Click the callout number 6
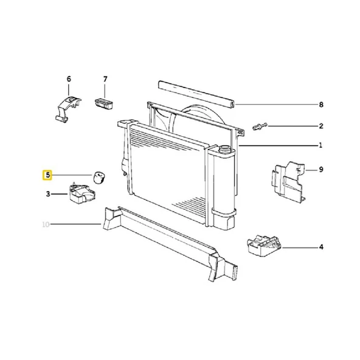point(69,79)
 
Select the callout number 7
point(105,79)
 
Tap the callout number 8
point(321,105)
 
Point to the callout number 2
point(321,126)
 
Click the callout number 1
point(320,145)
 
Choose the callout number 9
point(321,170)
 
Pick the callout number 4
point(321,247)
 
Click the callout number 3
point(48,194)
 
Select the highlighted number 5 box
point(47,175)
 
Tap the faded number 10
point(46,224)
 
